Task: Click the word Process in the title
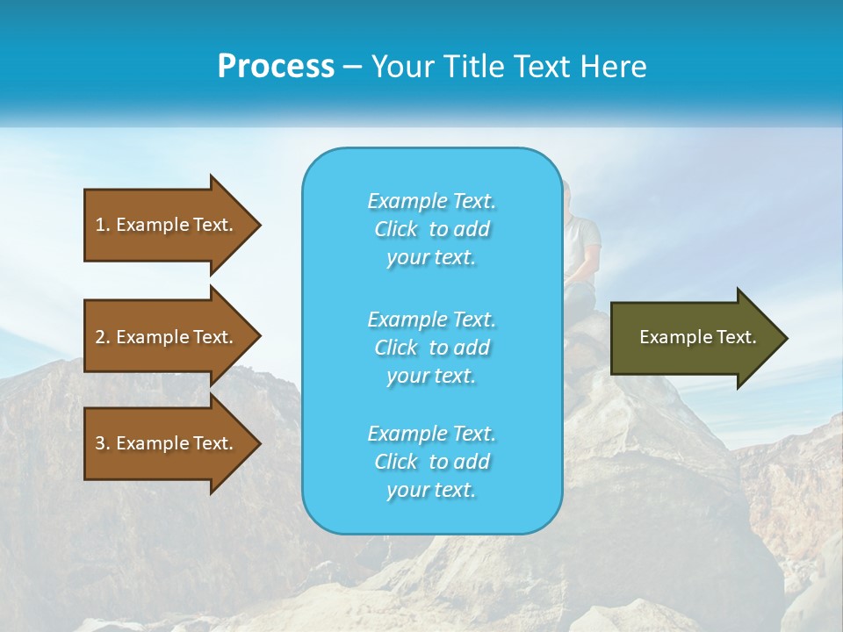[276, 67]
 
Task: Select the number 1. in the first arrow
[102, 225]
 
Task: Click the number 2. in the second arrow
[102, 337]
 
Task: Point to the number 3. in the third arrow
[102, 443]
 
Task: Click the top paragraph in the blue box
[431, 229]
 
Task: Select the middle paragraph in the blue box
[431, 348]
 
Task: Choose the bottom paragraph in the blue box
[431, 462]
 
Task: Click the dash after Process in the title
[352, 67]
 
